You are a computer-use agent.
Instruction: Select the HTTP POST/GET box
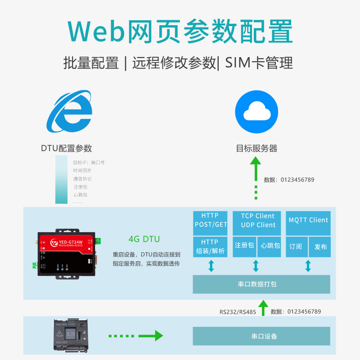[x=210, y=220]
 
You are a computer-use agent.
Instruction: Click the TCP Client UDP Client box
[x=258, y=220]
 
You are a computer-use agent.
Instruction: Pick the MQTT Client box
[x=308, y=220]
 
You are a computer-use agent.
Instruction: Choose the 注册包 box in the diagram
[x=244, y=247]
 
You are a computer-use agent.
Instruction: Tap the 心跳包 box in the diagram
[x=270, y=247]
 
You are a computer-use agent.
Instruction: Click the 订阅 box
[x=296, y=247]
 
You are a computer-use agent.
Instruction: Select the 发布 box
[x=320, y=247]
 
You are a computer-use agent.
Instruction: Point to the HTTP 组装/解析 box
[x=210, y=247]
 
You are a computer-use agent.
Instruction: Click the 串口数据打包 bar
[x=261, y=284]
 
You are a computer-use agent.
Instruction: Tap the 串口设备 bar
[x=261, y=336]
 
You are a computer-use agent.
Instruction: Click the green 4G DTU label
[x=144, y=239]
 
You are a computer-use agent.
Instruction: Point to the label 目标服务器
[x=256, y=148]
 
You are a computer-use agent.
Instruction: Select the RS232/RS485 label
[x=238, y=311]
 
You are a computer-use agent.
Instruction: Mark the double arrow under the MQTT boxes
[x=308, y=266]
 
